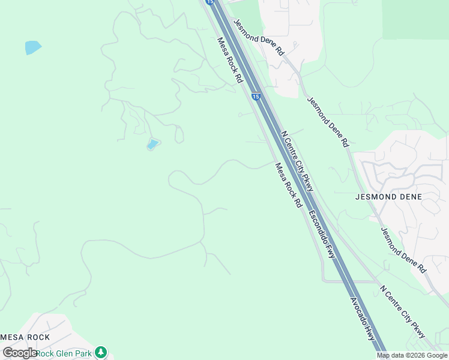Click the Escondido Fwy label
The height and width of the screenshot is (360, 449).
(x=322, y=235)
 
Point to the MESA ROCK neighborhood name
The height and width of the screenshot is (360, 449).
(x=25, y=337)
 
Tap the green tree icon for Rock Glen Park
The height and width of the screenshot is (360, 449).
(x=101, y=352)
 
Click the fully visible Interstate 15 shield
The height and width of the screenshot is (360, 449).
(x=256, y=96)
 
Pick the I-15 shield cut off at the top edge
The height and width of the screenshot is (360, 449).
(x=209, y=2)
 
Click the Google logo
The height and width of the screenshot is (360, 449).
(x=19, y=353)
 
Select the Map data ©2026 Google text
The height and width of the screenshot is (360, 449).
(x=412, y=355)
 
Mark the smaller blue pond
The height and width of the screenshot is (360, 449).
(x=153, y=144)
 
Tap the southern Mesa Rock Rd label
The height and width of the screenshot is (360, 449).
(x=288, y=185)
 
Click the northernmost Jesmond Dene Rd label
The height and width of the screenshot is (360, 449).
(x=258, y=38)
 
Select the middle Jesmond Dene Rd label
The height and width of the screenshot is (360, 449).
(x=328, y=122)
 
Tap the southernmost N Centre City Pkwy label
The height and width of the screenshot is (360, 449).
(x=403, y=311)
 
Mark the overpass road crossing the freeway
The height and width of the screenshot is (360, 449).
(x=348, y=281)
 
